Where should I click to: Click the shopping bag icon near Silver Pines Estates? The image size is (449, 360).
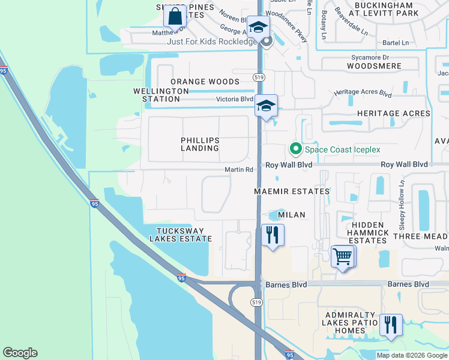tap(176, 16)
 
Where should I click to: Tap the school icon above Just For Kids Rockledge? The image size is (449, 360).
tap(259, 28)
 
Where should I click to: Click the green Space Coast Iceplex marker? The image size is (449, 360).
tap(295, 148)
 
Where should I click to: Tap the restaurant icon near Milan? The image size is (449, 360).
tap(273, 235)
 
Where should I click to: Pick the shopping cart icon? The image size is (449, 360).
tap(343, 257)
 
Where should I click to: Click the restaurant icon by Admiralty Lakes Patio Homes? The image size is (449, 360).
tap(391, 325)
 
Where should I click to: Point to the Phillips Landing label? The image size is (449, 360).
tap(200, 145)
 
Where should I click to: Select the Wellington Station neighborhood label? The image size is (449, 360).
tap(161, 95)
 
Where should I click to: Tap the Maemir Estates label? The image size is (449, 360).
tap(292, 191)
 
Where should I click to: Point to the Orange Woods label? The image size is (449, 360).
tap(205, 82)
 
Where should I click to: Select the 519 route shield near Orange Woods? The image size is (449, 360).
tap(259, 77)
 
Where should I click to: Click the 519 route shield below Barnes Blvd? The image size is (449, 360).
tap(256, 302)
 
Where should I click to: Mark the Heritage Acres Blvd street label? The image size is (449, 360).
tap(363, 94)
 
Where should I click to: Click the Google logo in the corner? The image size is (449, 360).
tap(20, 353)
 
